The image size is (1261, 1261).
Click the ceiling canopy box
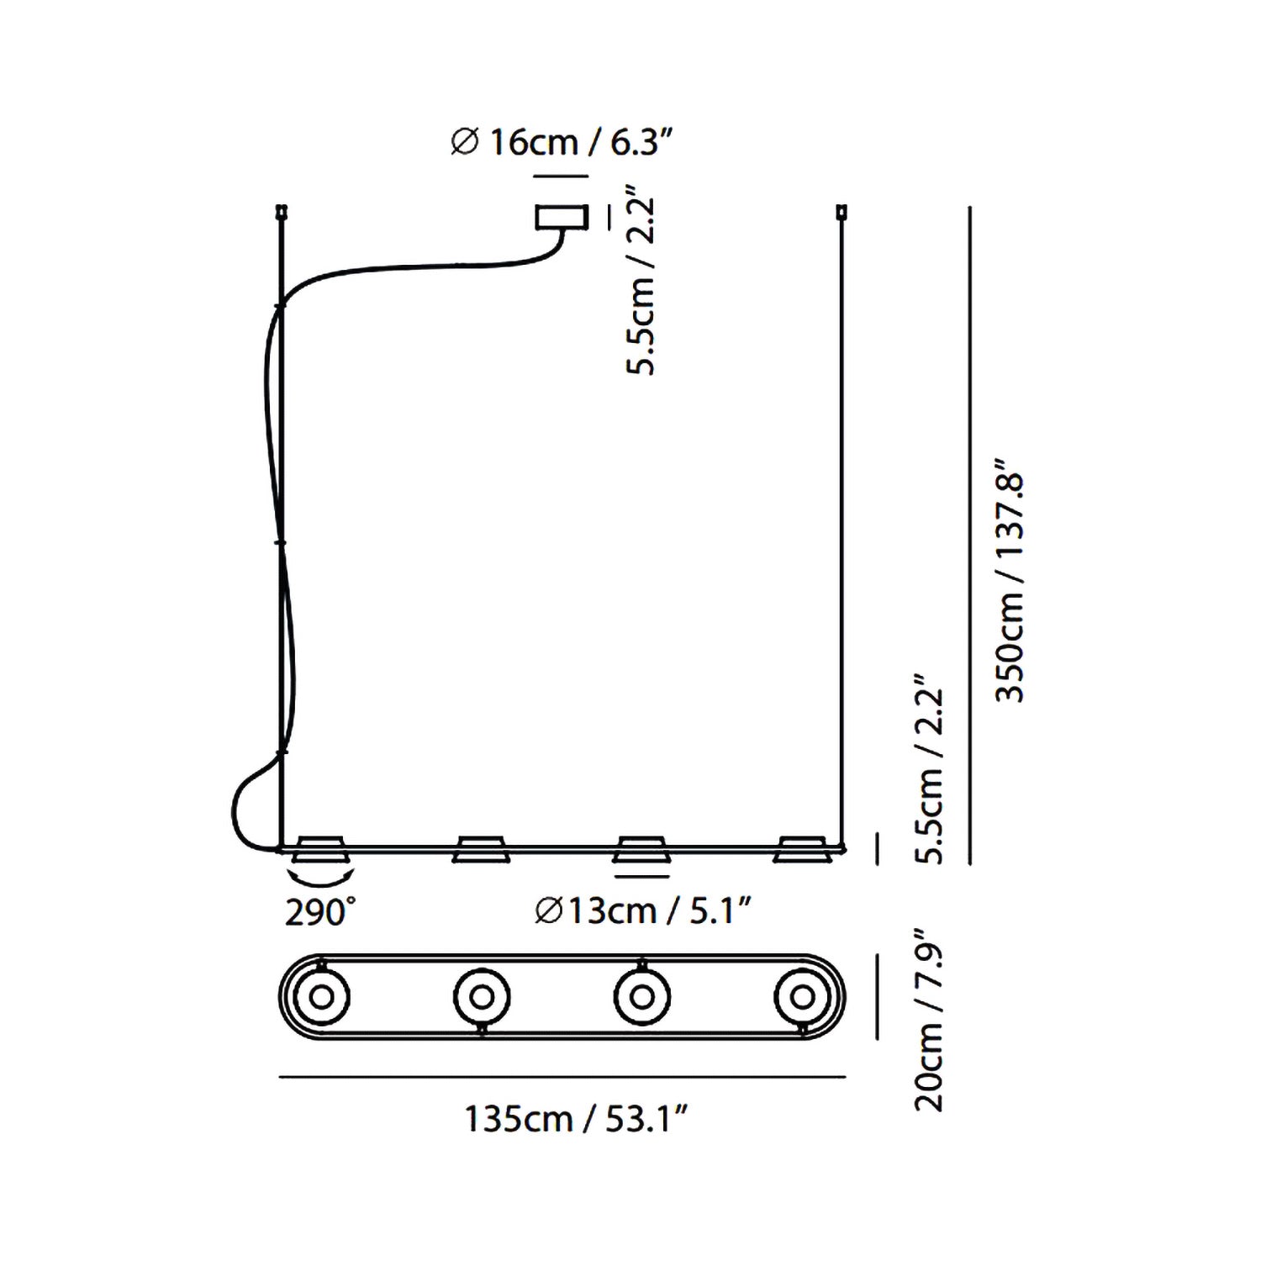tap(561, 217)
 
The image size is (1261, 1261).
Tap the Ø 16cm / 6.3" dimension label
tap(562, 142)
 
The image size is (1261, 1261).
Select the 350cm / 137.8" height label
tap(1010, 580)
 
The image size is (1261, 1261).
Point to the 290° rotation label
tap(320, 912)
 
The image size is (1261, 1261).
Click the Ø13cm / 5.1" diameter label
tap(642, 910)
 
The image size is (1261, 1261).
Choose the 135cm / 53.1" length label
tap(578, 1119)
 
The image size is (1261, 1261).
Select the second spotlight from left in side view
tap(479, 849)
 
